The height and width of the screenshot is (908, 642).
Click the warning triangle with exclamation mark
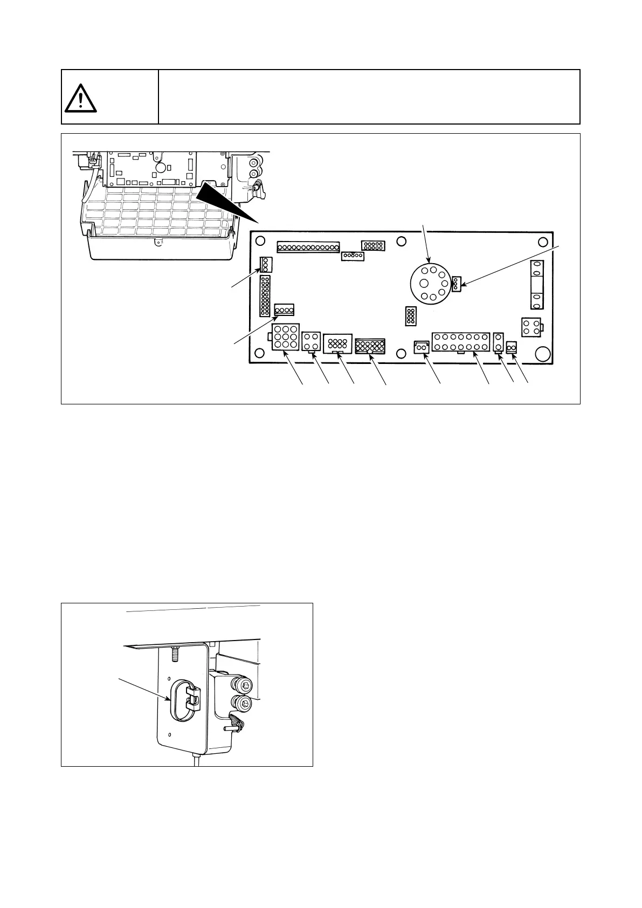[x=81, y=98]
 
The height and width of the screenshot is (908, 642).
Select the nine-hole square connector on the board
[x=285, y=338]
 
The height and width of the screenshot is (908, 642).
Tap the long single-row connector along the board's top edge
[x=308, y=247]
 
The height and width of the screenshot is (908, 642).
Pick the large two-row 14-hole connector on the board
[x=461, y=342]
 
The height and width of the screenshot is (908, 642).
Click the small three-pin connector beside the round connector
[x=457, y=284]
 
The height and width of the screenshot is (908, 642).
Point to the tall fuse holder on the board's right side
[x=537, y=285]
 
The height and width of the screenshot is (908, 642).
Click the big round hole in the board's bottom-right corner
[x=542, y=353]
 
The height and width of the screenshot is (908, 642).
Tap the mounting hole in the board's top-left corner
[x=260, y=241]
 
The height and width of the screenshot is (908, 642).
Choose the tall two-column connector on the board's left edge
[x=265, y=296]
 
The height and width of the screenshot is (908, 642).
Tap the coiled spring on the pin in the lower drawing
[x=236, y=723]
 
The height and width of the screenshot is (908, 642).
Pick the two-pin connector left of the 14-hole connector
[x=422, y=348]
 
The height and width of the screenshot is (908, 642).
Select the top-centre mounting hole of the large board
[x=401, y=241]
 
